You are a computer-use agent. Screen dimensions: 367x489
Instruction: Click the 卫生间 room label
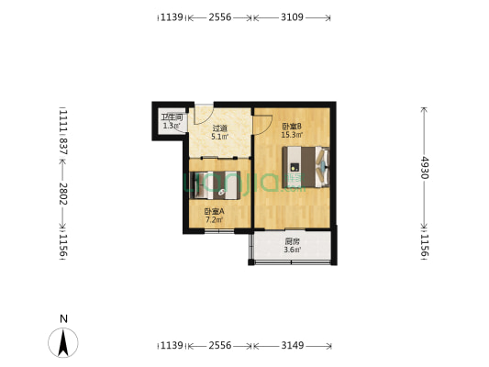[172, 117]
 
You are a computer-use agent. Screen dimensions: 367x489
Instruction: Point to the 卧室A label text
[214, 212]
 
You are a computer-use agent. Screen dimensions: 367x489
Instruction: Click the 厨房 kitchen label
[291, 240]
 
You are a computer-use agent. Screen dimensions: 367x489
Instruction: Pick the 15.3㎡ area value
[293, 135]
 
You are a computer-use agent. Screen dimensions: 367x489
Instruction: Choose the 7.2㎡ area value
[214, 220]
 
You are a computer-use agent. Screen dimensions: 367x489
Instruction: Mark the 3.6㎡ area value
[291, 249]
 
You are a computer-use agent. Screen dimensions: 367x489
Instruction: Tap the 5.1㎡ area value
[219, 138]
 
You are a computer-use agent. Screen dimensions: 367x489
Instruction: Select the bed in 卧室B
[306, 167]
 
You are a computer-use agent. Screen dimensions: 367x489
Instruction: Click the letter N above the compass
[63, 319]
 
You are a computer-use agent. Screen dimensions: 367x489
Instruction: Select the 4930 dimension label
[426, 167]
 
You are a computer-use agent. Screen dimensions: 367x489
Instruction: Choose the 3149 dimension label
[293, 346]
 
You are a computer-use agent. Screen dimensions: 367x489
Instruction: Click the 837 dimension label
[63, 148]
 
